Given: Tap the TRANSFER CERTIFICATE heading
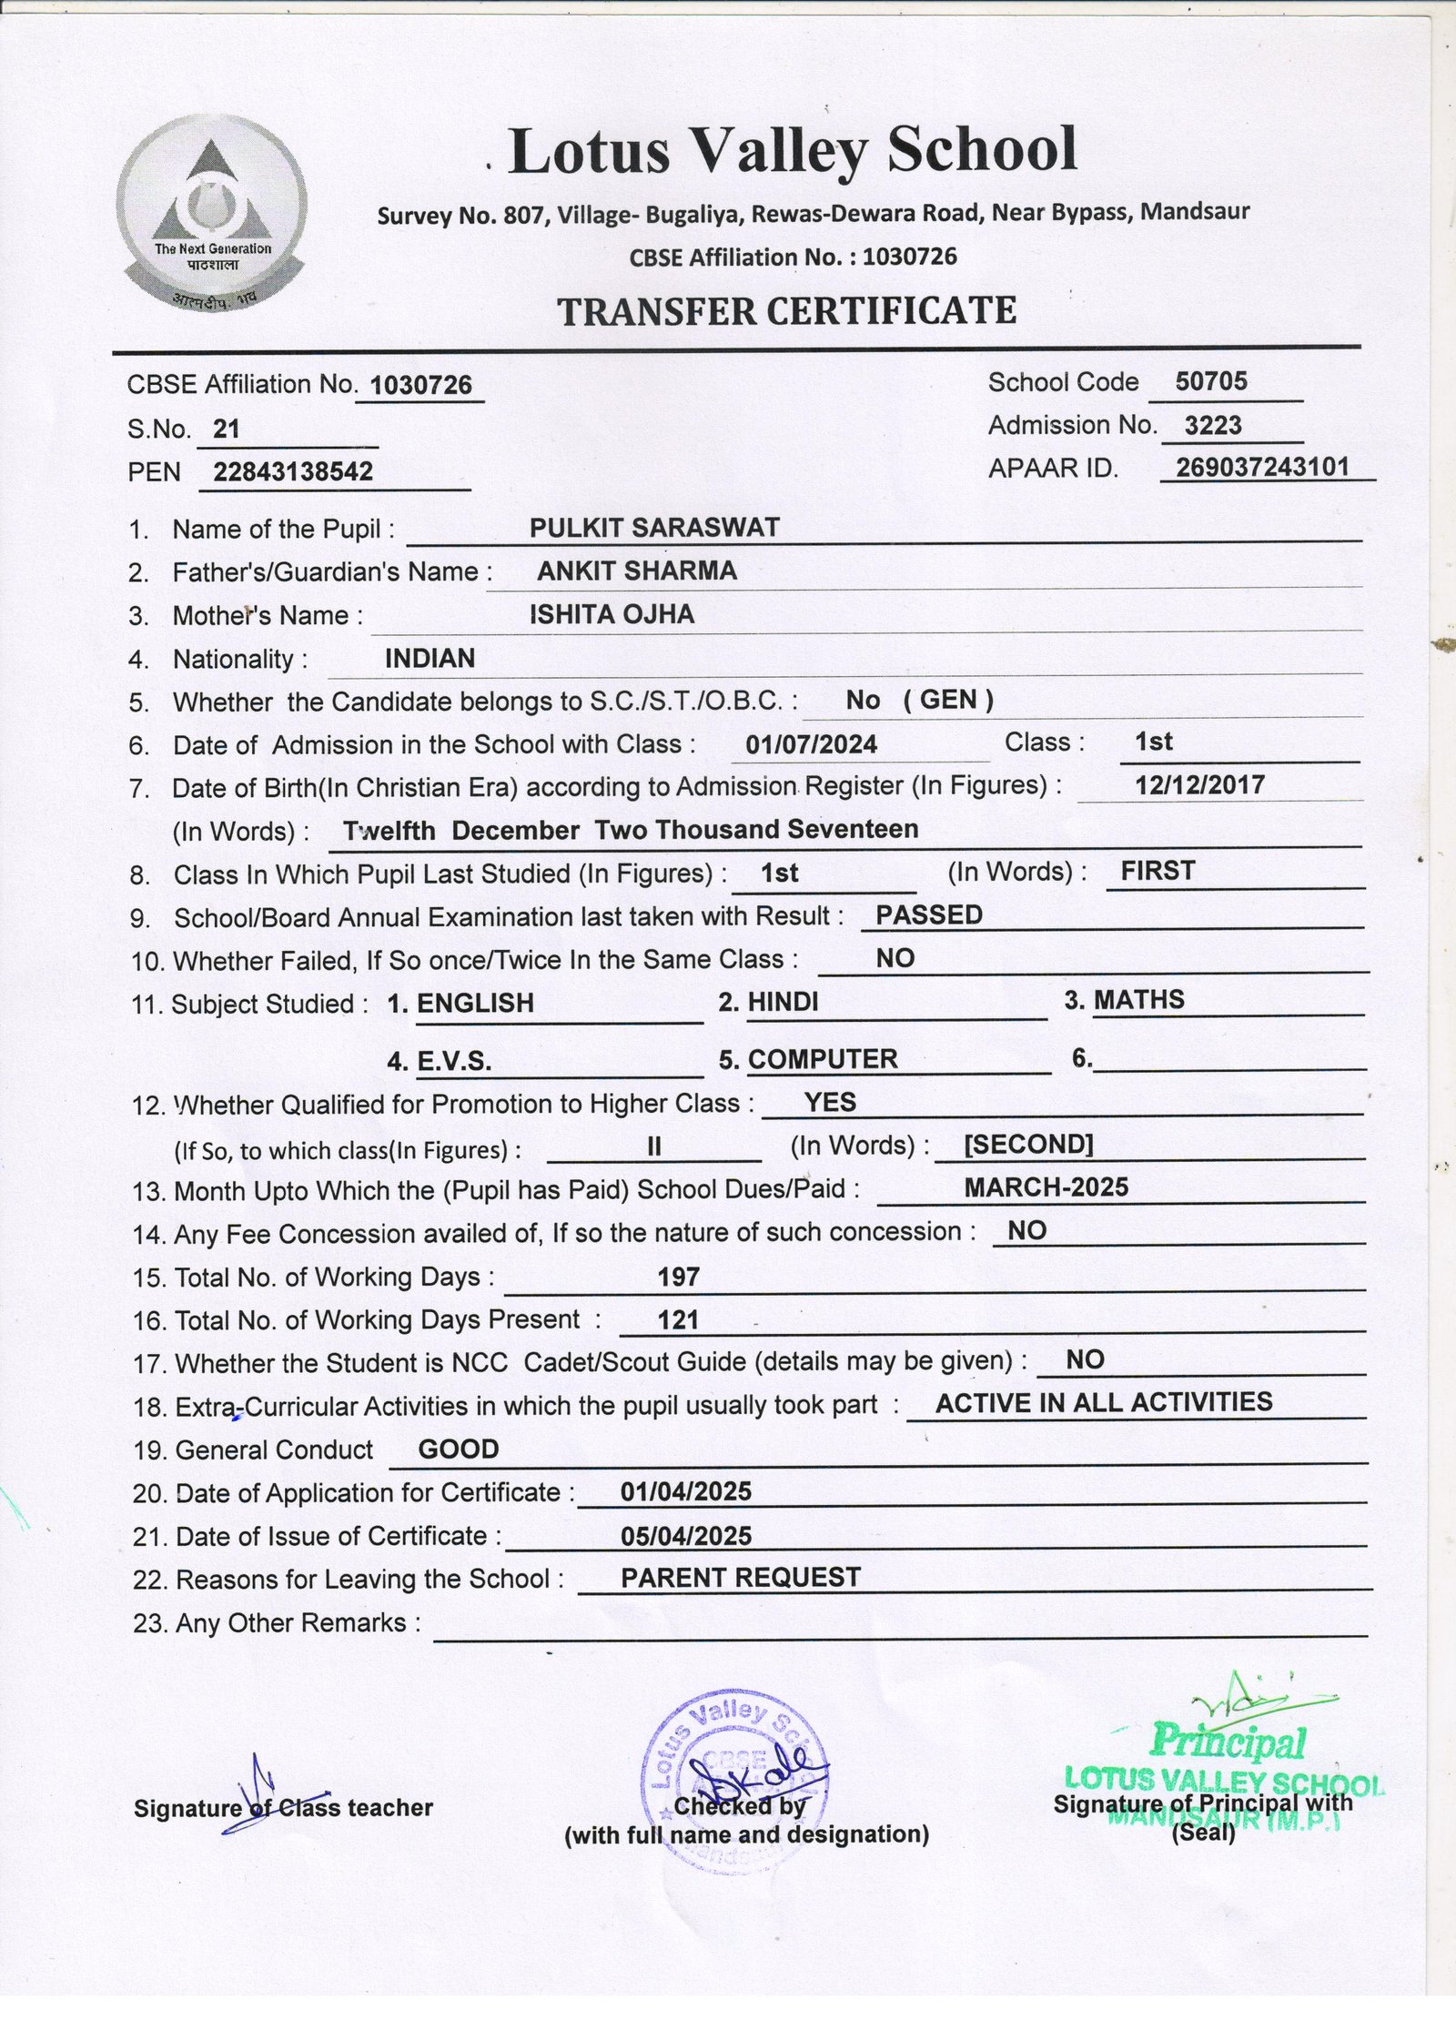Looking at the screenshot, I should (x=786, y=312).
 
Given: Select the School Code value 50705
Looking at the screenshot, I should (x=1210, y=381).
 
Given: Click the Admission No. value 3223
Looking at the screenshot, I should (x=1213, y=425).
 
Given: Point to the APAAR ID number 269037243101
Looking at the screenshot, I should (x=1262, y=467).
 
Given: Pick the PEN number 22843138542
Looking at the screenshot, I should (x=293, y=471).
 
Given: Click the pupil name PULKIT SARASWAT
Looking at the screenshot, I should (x=654, y=528).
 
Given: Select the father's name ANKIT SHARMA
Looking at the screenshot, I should (x=636, y=571).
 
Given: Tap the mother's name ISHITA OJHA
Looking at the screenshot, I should (x=612, y=614).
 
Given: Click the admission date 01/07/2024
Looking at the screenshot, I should (x=811, y=745).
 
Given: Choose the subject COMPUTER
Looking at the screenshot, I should (x=822, y=1059).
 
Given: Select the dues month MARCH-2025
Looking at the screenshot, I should (x=1046, y=1187).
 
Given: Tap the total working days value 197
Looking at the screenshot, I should (x=678, y=1277).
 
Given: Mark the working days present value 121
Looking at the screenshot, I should (x=677, y=1320).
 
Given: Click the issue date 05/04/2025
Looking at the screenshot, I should (x=686, y=1537).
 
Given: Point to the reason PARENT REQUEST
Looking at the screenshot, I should (x=741, y=1578).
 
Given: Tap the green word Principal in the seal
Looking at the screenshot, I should (x=1228, y=1741).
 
